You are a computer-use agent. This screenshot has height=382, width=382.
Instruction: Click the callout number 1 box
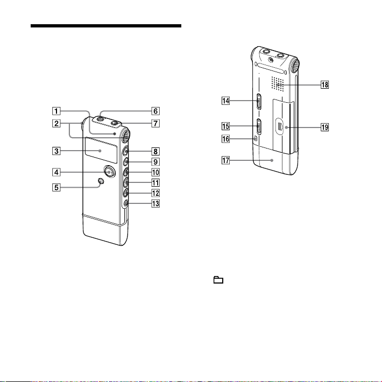56,111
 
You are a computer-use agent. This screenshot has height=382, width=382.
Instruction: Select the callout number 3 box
56,151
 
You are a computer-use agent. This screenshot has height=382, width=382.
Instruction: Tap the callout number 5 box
56,188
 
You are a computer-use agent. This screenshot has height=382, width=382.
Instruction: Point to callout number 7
155,123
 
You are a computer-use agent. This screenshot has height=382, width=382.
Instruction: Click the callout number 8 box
155,151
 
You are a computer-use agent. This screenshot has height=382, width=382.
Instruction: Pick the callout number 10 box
155,172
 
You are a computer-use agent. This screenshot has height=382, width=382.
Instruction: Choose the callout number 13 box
155,203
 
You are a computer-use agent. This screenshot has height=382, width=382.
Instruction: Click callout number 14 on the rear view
225,101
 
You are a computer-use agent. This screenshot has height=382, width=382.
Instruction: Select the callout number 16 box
225,139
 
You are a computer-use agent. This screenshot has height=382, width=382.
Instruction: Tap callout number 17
225,160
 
